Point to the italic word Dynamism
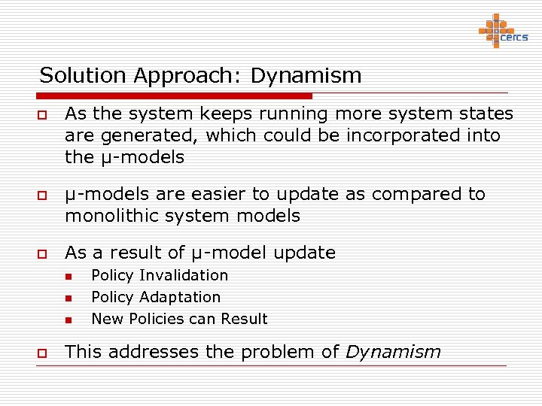coord(393,352)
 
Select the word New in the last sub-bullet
coord(107,319)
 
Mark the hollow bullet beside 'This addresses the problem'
coord(44,352)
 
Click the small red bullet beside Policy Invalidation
coord(67,277)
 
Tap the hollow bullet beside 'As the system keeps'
coord(44,115)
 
